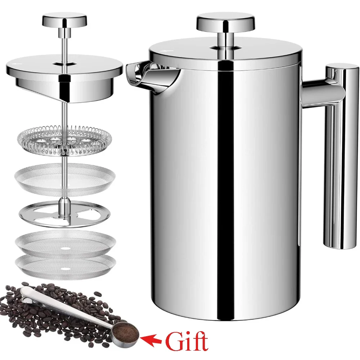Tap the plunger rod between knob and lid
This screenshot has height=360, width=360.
[x=65, y=41]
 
